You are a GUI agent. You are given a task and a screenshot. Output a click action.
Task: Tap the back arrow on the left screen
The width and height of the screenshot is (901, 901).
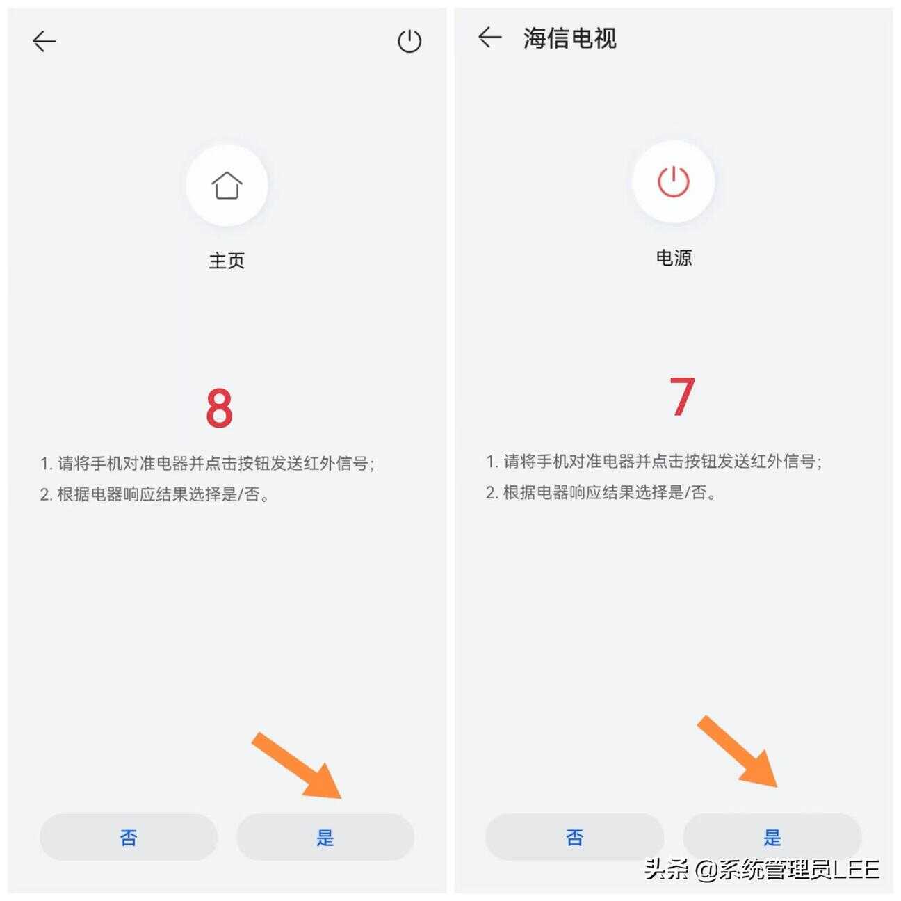click(x=44, y=41)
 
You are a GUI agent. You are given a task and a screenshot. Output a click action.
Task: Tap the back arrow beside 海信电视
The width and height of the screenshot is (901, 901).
click(x=489, y=38)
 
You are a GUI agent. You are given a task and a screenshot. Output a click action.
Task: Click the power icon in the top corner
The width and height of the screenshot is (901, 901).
click(x=409, y=41)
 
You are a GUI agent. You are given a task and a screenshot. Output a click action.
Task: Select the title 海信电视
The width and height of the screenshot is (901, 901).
click(x=569, y=38)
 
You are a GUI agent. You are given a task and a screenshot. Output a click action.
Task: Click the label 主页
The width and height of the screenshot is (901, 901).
click(x=227, y=261)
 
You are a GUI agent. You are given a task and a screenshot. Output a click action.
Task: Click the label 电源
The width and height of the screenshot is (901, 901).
click(x=674, y=258)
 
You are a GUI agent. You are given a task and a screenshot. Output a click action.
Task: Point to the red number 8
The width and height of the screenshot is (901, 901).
click(x=219, y=407)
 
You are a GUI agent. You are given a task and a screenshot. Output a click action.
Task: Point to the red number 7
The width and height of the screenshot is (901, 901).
click(x=682, y=396)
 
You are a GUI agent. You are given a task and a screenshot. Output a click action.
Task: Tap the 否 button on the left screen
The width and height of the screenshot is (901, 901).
click(x=129, y=837)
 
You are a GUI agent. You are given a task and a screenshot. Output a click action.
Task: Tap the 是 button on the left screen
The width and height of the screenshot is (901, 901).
click(x=325, y=837)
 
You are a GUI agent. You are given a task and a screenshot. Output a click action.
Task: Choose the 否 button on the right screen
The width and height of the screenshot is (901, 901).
click(x=575, y=837)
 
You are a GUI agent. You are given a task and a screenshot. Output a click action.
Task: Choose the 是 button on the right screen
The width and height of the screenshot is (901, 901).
click(x=772, y=837)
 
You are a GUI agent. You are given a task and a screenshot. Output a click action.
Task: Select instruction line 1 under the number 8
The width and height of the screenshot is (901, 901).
click(x=207, y=463)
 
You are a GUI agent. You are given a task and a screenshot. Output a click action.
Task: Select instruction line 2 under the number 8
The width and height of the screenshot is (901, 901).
click(x=155, y=494)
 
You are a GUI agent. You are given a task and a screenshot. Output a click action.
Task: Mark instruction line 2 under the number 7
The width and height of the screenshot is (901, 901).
click(x=601, y=492)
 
